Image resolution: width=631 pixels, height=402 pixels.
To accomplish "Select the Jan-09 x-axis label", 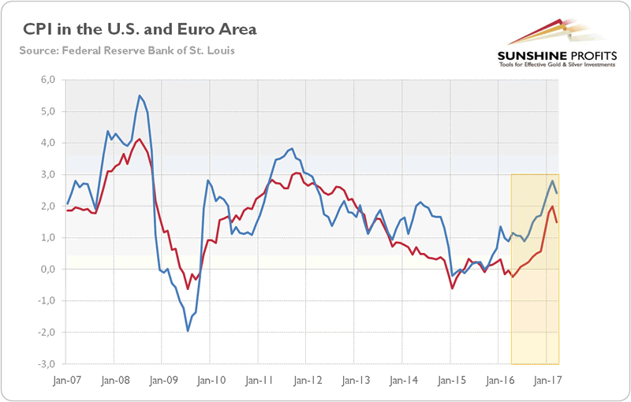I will coord(162,379).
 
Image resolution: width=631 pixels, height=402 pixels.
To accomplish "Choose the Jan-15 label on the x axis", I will coord(450,379).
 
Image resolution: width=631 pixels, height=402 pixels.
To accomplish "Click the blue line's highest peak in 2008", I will coord(140,96).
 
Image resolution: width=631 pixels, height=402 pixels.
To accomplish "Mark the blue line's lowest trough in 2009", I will coord(188,330).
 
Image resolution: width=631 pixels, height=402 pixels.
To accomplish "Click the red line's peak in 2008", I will coord(140,140).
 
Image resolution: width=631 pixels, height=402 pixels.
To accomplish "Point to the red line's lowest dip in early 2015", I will coord(453,288).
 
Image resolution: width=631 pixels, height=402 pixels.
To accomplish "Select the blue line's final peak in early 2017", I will coord(552,181).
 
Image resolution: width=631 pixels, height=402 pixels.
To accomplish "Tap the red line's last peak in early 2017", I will coord(552,207).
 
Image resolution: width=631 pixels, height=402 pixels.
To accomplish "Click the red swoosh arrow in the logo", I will coord(544,28).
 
